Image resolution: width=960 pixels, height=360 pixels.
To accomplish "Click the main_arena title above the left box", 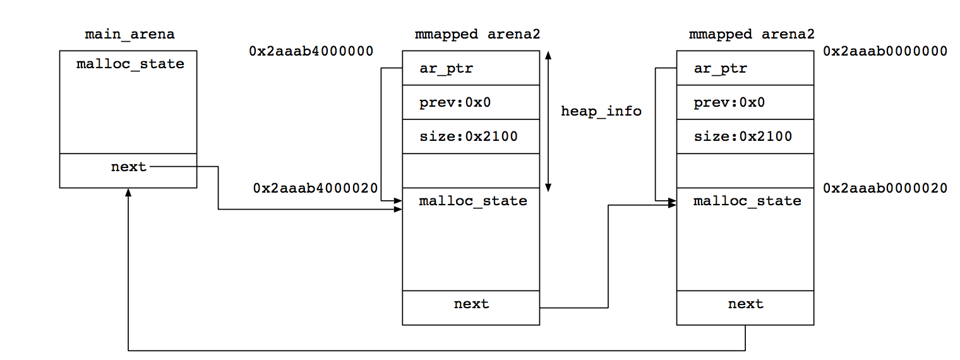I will coord(129,35).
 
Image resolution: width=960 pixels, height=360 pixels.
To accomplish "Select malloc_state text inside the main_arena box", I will coord(130,64).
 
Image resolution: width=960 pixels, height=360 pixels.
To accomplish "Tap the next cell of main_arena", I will coord(128,167).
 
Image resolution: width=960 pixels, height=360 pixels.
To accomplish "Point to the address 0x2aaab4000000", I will coord(311,51).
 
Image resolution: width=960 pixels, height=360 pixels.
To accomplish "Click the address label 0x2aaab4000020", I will coord(315,188).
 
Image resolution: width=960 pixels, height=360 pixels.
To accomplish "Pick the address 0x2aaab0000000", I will coord(885,51).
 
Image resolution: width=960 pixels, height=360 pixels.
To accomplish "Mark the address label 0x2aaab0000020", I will coord(885,188).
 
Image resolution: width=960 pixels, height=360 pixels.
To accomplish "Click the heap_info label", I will coord(601,111).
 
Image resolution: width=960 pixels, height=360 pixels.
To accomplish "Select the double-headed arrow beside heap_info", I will coord(548,120).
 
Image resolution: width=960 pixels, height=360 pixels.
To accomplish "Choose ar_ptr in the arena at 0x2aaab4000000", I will coord(446,68).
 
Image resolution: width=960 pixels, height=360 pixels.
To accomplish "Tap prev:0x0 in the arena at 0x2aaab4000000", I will coord(455,102).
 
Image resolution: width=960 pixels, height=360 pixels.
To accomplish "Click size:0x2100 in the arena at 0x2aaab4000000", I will coord(468,136).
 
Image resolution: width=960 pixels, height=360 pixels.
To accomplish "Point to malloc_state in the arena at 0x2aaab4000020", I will coord(473,201).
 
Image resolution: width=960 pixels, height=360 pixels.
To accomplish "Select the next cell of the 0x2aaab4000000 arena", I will coord(471,304).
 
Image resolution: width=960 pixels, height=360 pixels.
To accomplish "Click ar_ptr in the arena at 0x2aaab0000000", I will coord(720,68).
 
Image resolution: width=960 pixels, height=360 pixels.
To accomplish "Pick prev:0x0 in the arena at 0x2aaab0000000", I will coord(729,102).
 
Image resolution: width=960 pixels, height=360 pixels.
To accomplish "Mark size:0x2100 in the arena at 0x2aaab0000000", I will coord(742,136).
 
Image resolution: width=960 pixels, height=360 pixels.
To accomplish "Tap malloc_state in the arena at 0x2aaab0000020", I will coord(747,201).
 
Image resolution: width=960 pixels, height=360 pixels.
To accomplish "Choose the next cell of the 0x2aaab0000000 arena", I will coord(745,304).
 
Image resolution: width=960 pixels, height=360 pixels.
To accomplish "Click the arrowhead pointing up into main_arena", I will coord(128,191).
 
